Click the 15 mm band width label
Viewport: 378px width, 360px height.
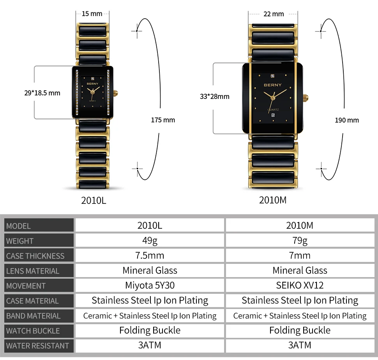tap(92, 14)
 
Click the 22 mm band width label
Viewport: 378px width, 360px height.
tap(274, 14)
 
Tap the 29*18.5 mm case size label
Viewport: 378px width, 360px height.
tap(42, 93)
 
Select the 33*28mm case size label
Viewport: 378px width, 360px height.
tap(215, 96)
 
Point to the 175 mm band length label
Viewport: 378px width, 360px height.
tap(163, 120)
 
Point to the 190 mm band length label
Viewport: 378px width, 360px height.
tap(347, 120)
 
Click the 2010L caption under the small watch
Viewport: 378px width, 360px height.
tap(94, 200)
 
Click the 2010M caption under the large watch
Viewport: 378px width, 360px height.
tap(273, 200)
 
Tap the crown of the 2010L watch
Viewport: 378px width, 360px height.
tap(115, 93)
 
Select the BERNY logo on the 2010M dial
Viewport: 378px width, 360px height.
tap(272, 84)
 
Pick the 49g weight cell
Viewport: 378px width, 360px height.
tap(150, 241)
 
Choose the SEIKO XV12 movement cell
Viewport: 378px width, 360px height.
tap(300, 285)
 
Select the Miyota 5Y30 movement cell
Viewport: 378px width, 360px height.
tap(150, 285)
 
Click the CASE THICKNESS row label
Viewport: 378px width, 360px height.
tap(35, 256)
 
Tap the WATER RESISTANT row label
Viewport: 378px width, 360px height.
tap(37, 346)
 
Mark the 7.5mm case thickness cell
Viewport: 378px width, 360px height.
tap(150, 255)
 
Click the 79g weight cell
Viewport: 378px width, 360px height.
tap(300, 241)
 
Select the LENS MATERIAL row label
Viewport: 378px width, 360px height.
tap(33, 271)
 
